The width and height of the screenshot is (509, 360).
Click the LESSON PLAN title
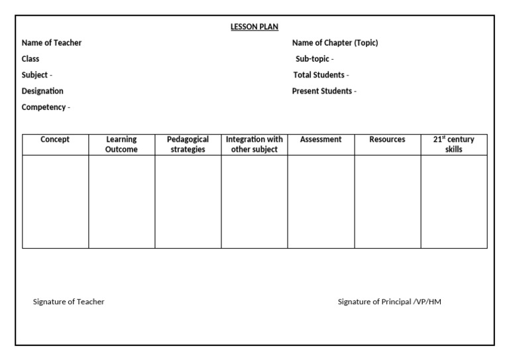[254, 27]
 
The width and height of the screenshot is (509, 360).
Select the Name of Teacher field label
[52, 43]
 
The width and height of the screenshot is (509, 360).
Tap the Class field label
[30, 59]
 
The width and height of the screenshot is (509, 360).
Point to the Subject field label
[37, 75]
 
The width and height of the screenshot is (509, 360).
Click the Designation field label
[42, 91]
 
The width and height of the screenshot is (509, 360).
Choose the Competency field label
[46, 107]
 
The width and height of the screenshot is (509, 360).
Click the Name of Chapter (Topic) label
[335, 43]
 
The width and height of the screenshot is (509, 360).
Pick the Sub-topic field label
[314, 59]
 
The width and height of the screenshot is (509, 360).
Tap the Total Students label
[321, 75]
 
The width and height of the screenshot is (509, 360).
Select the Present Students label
[324, 91]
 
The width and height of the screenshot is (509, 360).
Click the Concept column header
[55, 140]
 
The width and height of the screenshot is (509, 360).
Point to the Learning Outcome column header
[121, 145]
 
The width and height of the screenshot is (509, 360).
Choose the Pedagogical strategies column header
[188, 145]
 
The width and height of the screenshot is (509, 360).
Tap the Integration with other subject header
[254, 145]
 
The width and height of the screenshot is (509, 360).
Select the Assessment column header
[321, 140]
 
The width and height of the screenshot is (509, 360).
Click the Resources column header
[387, 140]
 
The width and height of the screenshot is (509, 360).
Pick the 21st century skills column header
[454, 145]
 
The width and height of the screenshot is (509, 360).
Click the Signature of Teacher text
[69, 302]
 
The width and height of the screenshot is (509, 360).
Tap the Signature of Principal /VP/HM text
[390, 302]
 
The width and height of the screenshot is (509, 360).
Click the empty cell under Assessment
[321, 202]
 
